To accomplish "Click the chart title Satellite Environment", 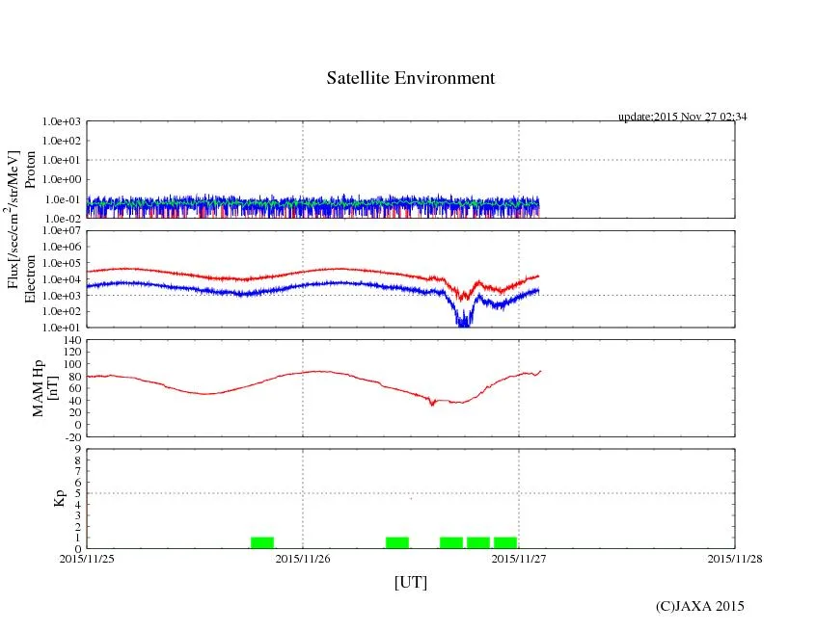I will (410, 78).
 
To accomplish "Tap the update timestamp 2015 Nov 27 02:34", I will (683, 117).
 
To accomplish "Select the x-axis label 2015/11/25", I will (87, 558).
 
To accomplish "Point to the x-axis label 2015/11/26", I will (303, 558).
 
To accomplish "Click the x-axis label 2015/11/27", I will (519, 558).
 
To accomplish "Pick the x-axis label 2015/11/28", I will (735, 558).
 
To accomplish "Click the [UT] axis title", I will (410, 582).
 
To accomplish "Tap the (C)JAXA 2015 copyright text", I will (699, 606).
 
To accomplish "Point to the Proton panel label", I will (30, 171).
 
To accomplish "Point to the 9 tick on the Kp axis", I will (78, 448).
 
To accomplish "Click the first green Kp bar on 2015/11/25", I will (262, 542).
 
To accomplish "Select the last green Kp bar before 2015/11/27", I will (505, 542).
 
